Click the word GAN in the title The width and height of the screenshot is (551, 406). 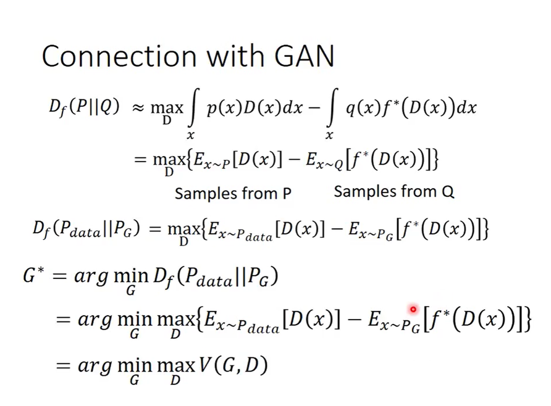305,56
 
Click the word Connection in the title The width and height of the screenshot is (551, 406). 119,56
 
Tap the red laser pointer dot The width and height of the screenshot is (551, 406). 413,309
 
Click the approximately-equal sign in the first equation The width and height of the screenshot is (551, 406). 138,108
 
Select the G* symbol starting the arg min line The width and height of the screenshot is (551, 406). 34,275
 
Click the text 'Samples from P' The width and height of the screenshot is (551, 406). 233,193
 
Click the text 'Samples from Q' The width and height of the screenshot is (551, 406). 394,192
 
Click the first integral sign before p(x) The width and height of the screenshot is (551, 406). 192,107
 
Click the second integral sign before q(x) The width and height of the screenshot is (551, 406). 331,107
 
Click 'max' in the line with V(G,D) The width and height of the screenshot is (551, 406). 175,367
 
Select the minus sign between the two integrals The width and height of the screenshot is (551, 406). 314,108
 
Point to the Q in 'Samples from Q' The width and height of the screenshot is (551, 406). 448,192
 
